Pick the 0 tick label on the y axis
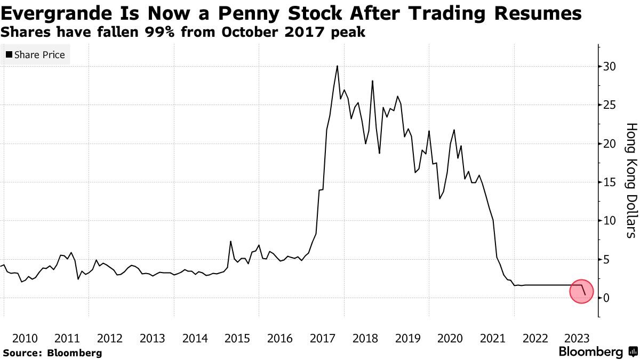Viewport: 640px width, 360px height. [x=606, y=298]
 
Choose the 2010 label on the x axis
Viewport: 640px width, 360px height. [x=25, y=338]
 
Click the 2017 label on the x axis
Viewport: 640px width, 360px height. [x=322, y=338]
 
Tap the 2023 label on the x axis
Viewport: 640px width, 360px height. [x=577, y=338]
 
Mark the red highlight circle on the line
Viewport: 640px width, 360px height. [x=582, y=291]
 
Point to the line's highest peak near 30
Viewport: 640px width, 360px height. [x=337, y=66]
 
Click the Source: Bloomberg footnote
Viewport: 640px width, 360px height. [x=52, y=353]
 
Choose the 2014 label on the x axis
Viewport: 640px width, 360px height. [x=195, y=338]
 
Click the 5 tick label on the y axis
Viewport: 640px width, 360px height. [x=606, y=259]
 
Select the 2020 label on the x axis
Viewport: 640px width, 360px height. [x=450, y=338]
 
